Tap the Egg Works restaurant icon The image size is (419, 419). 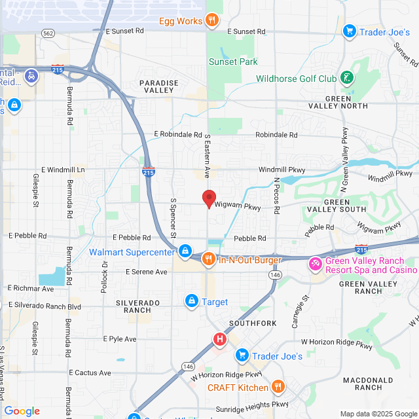pos(211,21)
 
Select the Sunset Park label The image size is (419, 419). pos(232,62)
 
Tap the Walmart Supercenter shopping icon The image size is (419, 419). pos(186,251)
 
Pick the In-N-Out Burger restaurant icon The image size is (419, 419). pos(208,259)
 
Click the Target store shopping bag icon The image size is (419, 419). pos(192,301)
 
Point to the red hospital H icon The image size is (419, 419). pos(220,339)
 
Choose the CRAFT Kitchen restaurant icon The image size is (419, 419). pos(278,387)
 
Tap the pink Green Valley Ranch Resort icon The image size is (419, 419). pos(316,264)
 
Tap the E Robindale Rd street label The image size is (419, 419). pos(179,134)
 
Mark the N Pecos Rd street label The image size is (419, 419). pos(276,191)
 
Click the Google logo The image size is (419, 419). pos(22,410)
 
